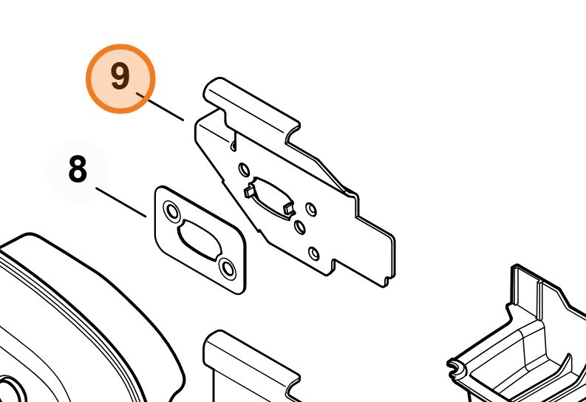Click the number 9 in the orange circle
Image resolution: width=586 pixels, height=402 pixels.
(x=120, y=76)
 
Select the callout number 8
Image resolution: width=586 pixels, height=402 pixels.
(x=78, y=169)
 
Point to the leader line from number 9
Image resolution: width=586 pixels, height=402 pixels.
(x=160, y=107)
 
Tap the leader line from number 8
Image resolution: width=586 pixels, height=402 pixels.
(x=120, y=202)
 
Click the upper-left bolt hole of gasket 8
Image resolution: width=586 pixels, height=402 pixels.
(x=172, y=212)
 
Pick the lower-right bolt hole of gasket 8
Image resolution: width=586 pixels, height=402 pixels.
(x=228, y=268)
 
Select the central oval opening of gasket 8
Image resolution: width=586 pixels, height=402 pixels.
(x=200, y=240)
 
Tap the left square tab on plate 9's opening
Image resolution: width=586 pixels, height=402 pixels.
(x=249, y=192)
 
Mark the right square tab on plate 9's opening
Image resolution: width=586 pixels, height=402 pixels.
(x=289, y=209)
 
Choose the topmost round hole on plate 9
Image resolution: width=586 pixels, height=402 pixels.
(x=244, y=170)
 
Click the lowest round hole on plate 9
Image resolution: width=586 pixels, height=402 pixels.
(x=314, y=253)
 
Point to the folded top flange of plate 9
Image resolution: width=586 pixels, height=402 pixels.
(x=251, y=106)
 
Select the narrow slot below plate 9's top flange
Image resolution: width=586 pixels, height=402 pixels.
(x=234, y=140)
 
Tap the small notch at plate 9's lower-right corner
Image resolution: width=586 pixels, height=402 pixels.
(x=389, y=279)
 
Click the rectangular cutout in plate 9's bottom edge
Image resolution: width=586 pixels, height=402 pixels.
(x=335, y=266)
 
